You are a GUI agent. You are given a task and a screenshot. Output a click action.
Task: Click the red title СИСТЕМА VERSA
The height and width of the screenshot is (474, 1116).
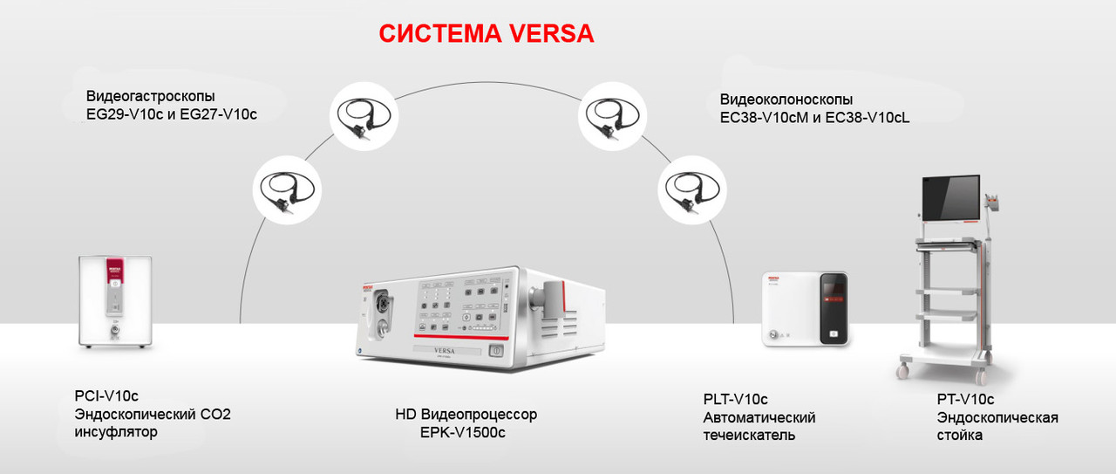[486, 34]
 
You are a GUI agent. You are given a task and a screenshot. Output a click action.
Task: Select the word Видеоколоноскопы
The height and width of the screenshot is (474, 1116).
[786, 100]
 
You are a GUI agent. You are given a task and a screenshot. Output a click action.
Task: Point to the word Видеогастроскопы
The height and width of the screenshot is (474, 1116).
[150, 96]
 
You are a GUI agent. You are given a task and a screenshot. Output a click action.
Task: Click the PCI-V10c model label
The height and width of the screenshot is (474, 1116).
[106, 396]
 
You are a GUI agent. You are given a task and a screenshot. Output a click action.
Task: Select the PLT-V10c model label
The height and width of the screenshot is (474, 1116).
[735, 400]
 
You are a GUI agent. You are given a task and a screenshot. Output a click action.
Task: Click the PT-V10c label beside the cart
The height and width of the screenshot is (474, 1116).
[965, 399]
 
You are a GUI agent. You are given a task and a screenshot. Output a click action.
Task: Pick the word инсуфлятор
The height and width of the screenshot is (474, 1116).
[116, 432]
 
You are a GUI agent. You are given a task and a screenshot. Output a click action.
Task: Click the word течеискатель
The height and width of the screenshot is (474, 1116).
[749, 435]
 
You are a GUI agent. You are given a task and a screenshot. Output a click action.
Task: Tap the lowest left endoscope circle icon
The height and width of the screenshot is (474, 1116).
[287, 191]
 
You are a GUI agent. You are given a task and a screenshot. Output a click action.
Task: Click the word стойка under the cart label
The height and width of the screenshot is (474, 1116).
[960, 435]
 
